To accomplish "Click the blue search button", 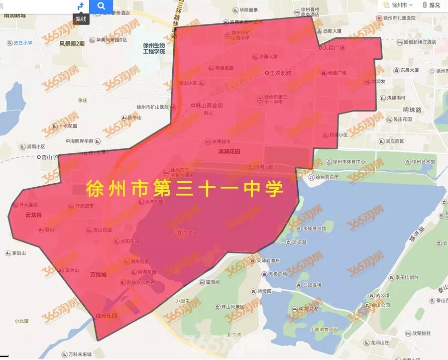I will coord(102,6).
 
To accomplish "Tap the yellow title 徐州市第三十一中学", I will coord(185,189).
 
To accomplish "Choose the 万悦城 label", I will coord(98,274).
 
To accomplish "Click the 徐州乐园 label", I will coord(106,316).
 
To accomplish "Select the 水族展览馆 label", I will coord(314,229).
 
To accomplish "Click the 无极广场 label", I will coord(278,274).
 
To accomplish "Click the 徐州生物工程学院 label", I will coord(154,48).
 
